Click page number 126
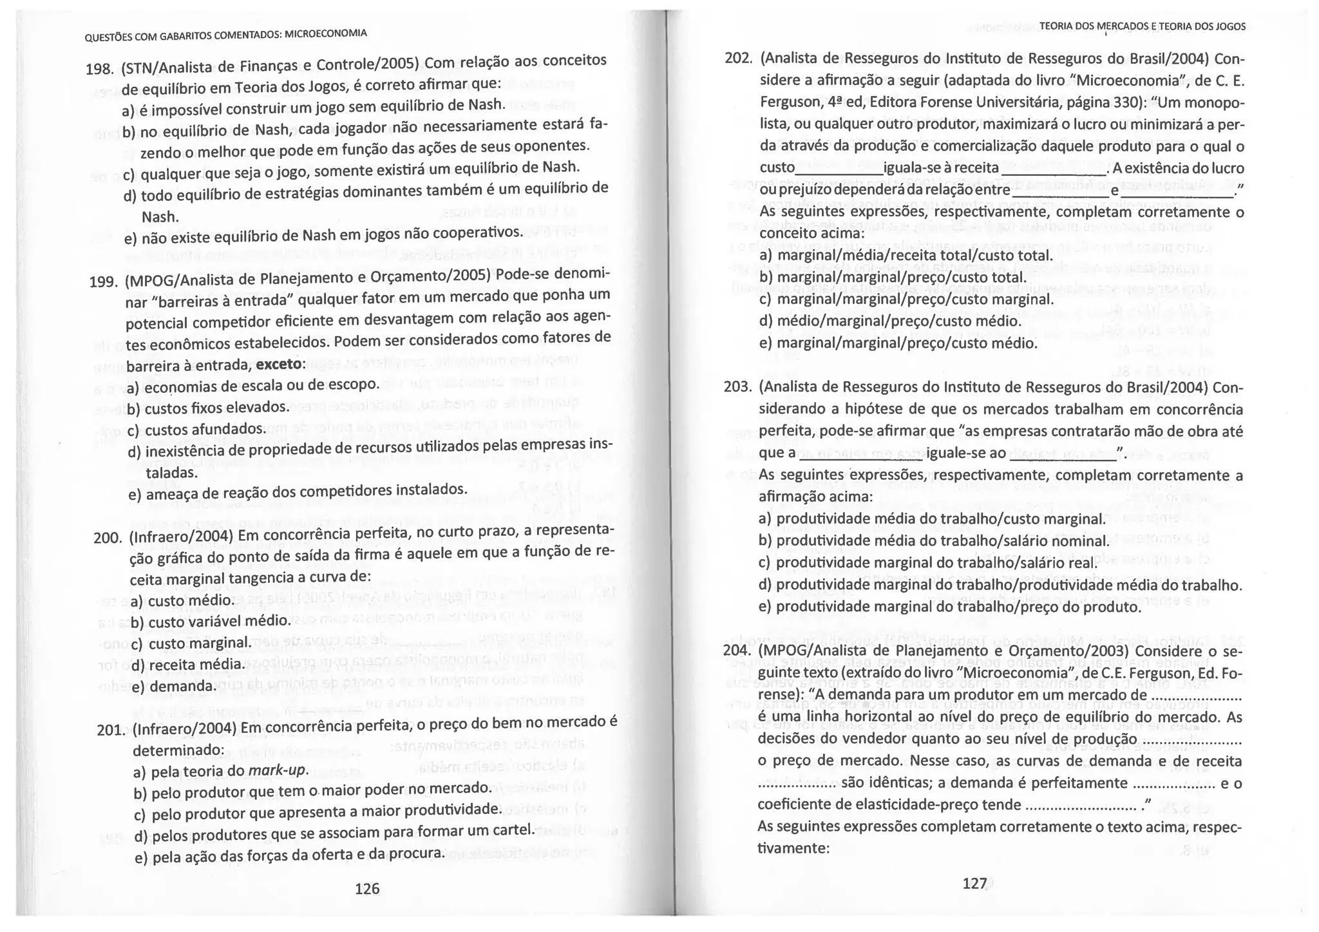pos(367,889)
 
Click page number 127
pos(974,884)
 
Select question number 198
pos(99,69)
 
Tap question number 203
pos(737,388)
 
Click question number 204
pos(737,651)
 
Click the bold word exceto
pos(281,364)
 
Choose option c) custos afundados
pos(196,429)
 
